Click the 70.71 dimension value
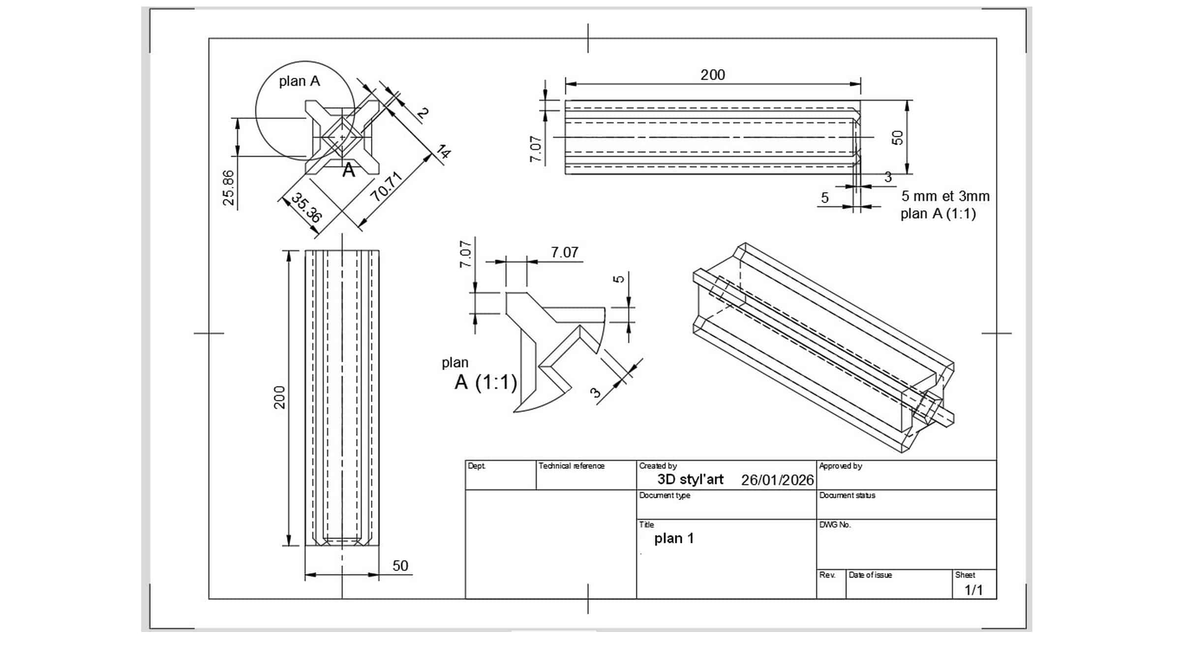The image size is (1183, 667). click(x=387, y=187)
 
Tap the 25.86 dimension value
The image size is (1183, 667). click(x=229, y=188)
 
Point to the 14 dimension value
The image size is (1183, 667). click(x=443, y=152)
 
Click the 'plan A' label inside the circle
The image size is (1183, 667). click(x=300, y=81)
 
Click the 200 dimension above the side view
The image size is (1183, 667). click(x=713, y=75)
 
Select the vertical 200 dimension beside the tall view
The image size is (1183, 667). click(x=279, y=397)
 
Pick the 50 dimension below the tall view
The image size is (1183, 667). click(x=400, y=566)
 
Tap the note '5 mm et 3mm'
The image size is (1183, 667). click(x=945, y=196)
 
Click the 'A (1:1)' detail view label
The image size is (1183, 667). click(x=486, y=382)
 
